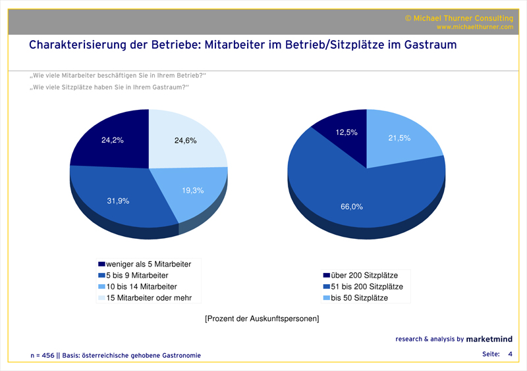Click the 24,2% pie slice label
(x=112, y=140)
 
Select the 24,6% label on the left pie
(x=185, y=140)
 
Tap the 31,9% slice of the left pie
(x=119, y=201)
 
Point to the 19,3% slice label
(x=192, y=191)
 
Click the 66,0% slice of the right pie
(x=351, y=207)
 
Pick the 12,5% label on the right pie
(x=347, y=133)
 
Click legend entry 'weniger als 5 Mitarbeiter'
(x=149, y=264)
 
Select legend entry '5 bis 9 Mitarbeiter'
(x=138, y=275)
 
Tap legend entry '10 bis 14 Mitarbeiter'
(x=141, y=286)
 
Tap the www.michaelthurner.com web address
(x=474, y=27)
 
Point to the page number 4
(x=510, y=354)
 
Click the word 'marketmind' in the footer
(x=490, y=339)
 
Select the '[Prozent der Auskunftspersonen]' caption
(x=262, y=319)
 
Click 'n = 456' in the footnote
(x=43, y=355)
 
